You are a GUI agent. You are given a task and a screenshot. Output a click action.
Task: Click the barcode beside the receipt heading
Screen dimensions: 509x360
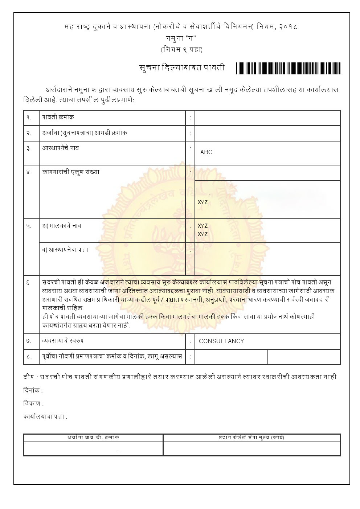288,68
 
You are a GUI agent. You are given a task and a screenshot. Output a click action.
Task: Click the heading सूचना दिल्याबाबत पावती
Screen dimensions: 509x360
182,68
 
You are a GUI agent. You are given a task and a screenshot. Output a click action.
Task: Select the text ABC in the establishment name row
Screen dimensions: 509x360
206,152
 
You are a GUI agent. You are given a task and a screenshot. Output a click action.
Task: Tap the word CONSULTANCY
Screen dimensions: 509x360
221,341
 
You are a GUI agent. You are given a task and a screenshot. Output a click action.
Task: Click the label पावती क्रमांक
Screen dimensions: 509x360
58,118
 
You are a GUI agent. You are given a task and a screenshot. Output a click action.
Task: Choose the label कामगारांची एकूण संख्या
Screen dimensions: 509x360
71,172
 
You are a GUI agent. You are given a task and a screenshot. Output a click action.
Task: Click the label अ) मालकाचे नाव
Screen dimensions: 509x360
62,226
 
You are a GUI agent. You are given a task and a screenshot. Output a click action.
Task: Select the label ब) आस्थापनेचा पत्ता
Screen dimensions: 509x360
65,250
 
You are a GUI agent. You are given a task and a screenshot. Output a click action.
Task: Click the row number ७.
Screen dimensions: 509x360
29,341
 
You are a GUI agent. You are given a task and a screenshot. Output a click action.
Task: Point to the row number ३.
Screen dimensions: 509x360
29,148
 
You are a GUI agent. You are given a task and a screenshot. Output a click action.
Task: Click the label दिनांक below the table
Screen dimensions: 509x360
33,391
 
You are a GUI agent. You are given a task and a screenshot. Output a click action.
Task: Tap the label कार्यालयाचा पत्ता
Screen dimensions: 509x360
45,416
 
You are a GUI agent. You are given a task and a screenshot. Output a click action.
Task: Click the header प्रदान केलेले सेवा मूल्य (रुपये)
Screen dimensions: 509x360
251,438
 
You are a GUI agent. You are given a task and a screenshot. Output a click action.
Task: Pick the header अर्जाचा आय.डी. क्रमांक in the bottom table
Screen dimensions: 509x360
93,438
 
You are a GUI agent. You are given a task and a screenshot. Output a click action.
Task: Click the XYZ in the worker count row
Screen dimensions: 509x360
202,202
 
